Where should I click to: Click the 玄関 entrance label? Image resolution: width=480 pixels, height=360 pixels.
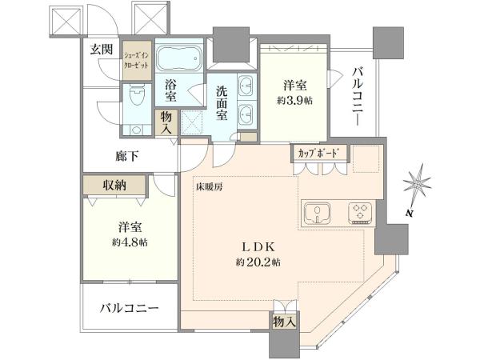click(102, 49)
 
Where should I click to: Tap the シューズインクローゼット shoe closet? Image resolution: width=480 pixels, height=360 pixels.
click(137, 60)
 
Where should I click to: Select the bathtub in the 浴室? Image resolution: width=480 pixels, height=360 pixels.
click(179, 58)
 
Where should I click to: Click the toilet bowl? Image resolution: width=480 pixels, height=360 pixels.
click(137, 95)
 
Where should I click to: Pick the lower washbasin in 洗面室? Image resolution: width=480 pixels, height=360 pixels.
click(246, 114)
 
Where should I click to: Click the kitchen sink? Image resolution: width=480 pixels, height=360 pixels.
click(317, 214)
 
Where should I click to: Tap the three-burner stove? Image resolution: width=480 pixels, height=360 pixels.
click(360, 213)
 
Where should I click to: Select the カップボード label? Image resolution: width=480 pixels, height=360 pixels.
click(318, 153)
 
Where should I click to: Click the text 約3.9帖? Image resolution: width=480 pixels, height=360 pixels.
click(294, 101)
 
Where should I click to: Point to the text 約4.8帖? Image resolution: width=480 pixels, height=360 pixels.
click(130, 242)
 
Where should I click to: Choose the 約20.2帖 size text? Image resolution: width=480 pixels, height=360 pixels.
click(258, 262)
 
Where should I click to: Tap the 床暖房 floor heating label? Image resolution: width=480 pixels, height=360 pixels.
click(210, 187)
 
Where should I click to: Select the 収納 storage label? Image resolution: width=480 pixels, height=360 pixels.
click(114, 185)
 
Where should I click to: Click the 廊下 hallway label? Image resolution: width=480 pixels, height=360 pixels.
click(127, 157)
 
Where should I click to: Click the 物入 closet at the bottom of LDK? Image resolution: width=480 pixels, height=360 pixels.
click(284, 321)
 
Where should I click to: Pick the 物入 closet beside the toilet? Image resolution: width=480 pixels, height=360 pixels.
click(166, 122)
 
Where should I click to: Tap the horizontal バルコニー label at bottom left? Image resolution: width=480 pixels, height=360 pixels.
click(130, 308)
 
